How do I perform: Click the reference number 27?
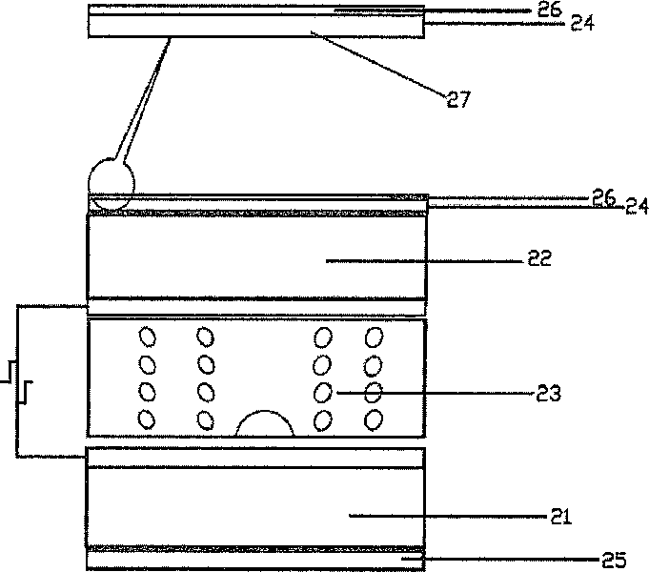coord(458,99)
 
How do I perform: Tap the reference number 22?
coord(539,258)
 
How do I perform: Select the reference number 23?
coord(548,393)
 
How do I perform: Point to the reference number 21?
coord(560,517)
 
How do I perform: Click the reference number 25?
coord(614,560)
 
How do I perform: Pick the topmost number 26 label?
coord(550,10)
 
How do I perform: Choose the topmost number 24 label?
coord(582,23)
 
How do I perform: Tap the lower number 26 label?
coord(604,197)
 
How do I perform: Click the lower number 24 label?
coord(637,206)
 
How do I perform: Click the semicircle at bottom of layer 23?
coord(265,411)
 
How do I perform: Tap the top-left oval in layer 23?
coord(148,337)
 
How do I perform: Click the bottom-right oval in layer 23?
coord(374,420)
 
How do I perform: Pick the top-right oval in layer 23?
coord(374,337)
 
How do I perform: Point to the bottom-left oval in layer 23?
coord(147,419)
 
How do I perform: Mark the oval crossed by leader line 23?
coord(374,392)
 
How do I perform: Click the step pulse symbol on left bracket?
coord(16,382)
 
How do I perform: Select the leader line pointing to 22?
coord(425,261)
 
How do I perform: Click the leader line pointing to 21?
coord(448,516)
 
